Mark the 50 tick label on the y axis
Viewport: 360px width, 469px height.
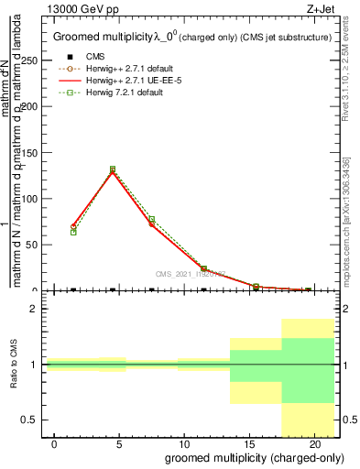(x=32, y=245)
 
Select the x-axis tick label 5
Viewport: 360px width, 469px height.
(x=119, y=443)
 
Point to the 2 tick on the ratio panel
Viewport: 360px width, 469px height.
(x=33, y=310)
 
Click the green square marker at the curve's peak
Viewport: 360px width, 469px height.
(x=113, y=169)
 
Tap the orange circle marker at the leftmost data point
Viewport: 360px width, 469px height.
(x=73, y=225)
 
